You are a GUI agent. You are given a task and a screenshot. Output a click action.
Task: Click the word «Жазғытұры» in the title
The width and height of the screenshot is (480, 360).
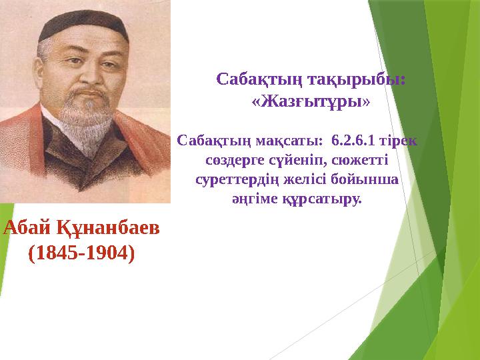click(x=311, y=101)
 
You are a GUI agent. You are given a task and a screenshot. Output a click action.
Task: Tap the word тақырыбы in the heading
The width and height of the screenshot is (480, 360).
click(x=357, y=79)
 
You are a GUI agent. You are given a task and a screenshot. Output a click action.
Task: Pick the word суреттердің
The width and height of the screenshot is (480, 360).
click(x=237, y=180)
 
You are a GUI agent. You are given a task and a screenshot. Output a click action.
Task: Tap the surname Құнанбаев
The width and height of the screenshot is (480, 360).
click(x=108, y=229)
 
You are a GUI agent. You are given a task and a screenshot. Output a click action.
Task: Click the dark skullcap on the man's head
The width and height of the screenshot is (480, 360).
click(x=83, y=25)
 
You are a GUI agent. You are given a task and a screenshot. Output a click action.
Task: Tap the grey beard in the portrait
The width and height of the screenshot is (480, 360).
click(x=86, y=123)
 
